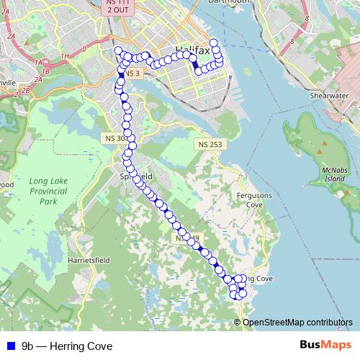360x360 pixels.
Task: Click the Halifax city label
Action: click(x=192, y=50)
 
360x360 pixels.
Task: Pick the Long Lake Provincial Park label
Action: click(x=49, y=197)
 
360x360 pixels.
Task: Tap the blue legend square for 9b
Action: click(x=10, y=346)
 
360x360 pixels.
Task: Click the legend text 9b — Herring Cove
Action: click(x=67, y=346)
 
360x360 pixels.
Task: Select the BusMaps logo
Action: click(x=325, y=346)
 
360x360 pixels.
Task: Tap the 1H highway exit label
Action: click(x=66, y=55)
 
